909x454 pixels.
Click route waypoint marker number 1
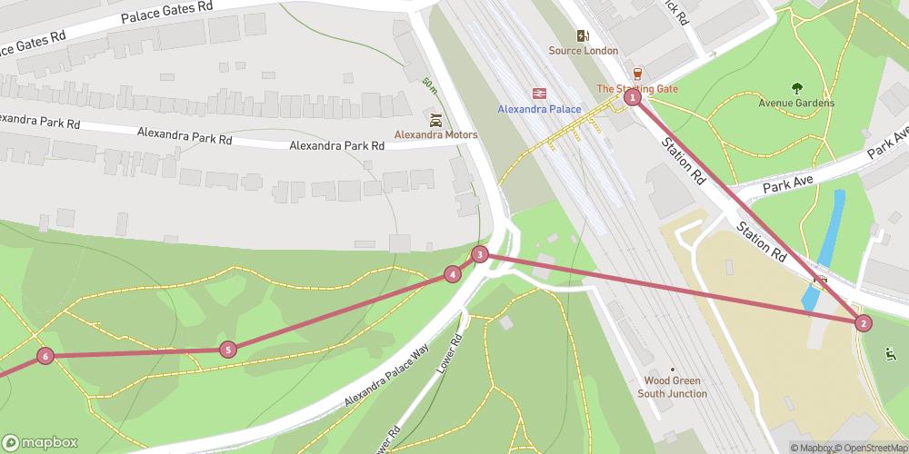pyautogui.click(x=633, y=97)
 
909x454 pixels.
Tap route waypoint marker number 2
pyautogui.click(x=864, y=322)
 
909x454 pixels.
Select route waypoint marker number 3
pyautogui.click(x=480, y=254)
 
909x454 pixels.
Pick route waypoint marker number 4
pyautogui.click(x=453, y=274)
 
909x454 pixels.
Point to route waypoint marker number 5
pyautogui.click(x=228, y=349)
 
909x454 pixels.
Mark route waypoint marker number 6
pyautogui.click(x=45, y=357)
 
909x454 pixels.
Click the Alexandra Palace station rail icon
pyautogui.click(x=539, y=94)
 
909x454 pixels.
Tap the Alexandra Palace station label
pyautogui.click(x=539, y=109)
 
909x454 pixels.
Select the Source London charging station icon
pyautogui.click(x=583, y=36)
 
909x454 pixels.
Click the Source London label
pyautogui.click(x=583, y=51)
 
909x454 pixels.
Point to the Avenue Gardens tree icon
pyautogui.click(x=796, y=88)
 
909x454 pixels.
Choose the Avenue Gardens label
pyautogui.click(x=796, y=103)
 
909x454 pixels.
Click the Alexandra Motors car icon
pyautogui.click(x=435, y=119)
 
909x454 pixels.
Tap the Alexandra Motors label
pyautogui.click(x=435, y=134)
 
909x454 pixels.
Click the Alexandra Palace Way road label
pyautogui.click(x=386, y=375)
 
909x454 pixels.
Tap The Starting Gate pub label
pyautogui.click(x=637, y=88)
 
